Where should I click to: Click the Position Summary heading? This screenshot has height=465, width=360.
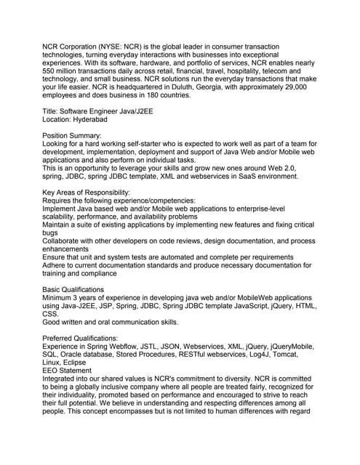pos(72,136)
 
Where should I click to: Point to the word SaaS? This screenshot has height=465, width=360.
pos(251,176)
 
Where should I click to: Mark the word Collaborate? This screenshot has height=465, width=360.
pos(64,241)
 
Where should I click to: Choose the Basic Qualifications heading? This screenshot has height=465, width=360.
pos(73,290)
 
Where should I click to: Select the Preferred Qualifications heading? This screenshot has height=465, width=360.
pos(80,339)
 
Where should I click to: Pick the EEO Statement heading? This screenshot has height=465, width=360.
pos(67,371)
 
